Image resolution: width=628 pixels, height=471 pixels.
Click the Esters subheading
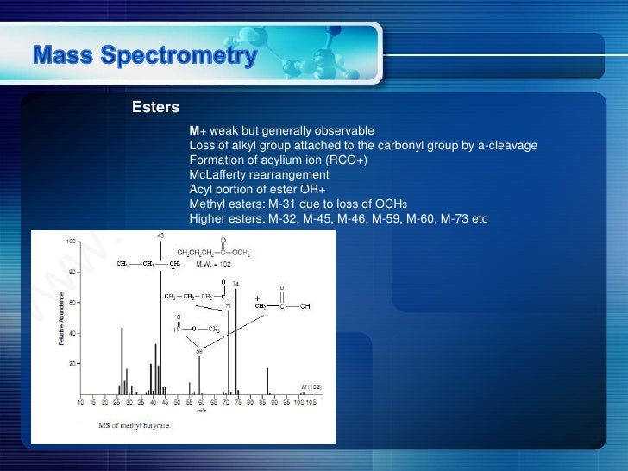pos(155,108)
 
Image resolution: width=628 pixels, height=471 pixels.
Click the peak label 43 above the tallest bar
pos(160,235)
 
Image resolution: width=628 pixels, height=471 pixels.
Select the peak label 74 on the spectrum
pos(235,283)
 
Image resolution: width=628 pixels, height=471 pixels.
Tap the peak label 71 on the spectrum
pos(229,305)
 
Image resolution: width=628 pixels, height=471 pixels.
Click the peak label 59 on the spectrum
pos(198,350)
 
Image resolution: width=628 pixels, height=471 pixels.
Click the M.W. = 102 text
pos(213,264)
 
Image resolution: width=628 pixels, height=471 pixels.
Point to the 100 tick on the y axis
pos(69,241)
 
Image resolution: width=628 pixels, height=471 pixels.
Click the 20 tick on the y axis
pos(71,363)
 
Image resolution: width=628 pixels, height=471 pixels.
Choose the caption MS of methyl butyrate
pos(134,425)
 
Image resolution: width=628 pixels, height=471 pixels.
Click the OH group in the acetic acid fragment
pos(305,306)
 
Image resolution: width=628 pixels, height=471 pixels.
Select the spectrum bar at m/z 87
pos(267,380)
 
